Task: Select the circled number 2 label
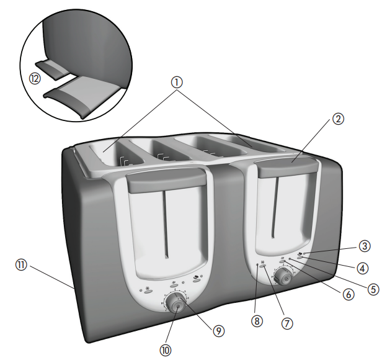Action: click(337, 118)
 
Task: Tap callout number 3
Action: click(365, 246)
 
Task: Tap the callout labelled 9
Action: click(218, 331)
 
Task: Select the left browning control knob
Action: click(175, 305)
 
